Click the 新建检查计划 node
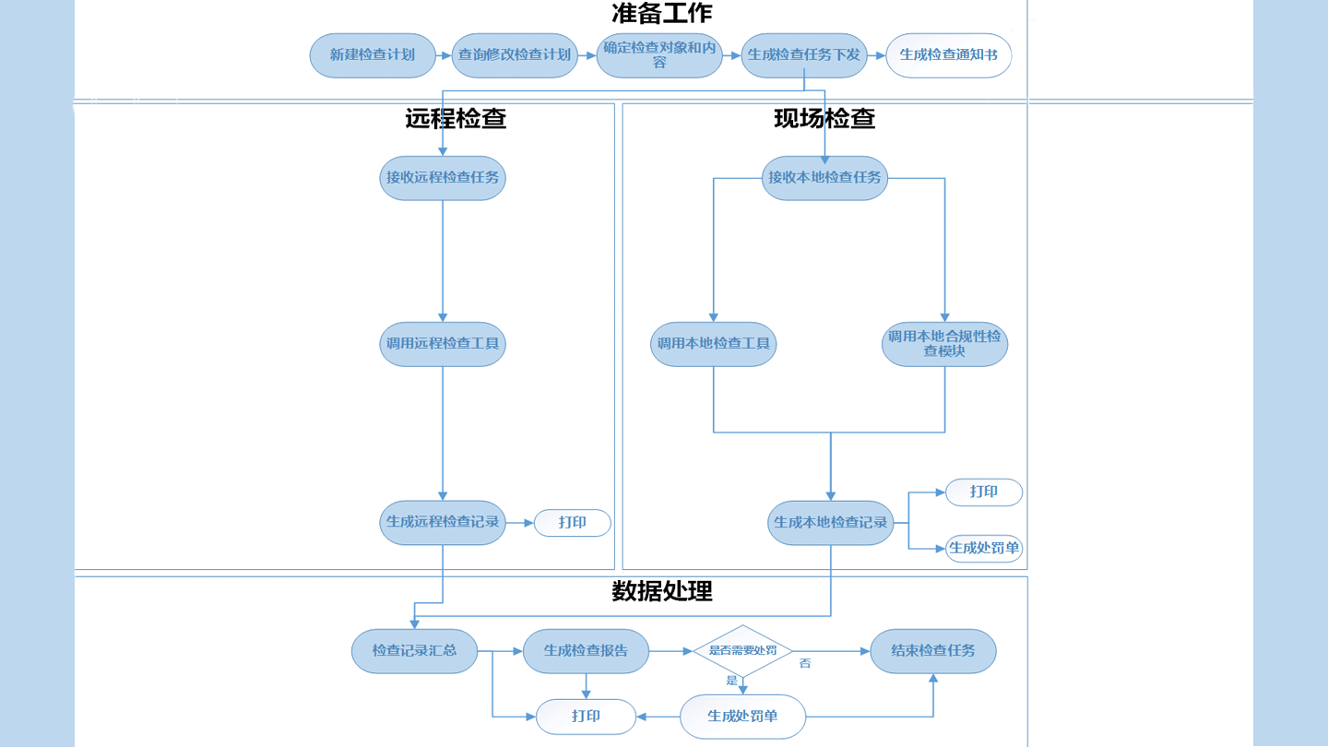[x=373, y=55]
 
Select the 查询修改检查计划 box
[x=515, y=55]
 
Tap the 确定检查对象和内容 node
[x=659, y=55]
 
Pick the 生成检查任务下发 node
[x=804, y=55]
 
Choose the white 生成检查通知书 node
[x=948, y=55]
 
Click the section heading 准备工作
[x=661, y=14]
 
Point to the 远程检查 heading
[x=456, y=118]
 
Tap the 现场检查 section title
[x=824, y=118]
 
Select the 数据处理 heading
[x=661, y=591]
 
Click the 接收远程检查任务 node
[x=443, y=178]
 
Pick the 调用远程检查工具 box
[x=443, y=344]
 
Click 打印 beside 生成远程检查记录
[x=573, y=523]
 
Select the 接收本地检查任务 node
[x=824, y=178]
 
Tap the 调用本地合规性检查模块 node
[x=944, y=344]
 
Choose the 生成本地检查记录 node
[x=831, y=523]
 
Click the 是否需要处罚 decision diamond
[x=742, y=651]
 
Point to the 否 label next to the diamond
[x=805, y=664]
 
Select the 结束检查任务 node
[x=933, y=651]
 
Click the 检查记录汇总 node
[x=414, y=651]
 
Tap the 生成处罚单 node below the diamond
[x=742, y=717]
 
